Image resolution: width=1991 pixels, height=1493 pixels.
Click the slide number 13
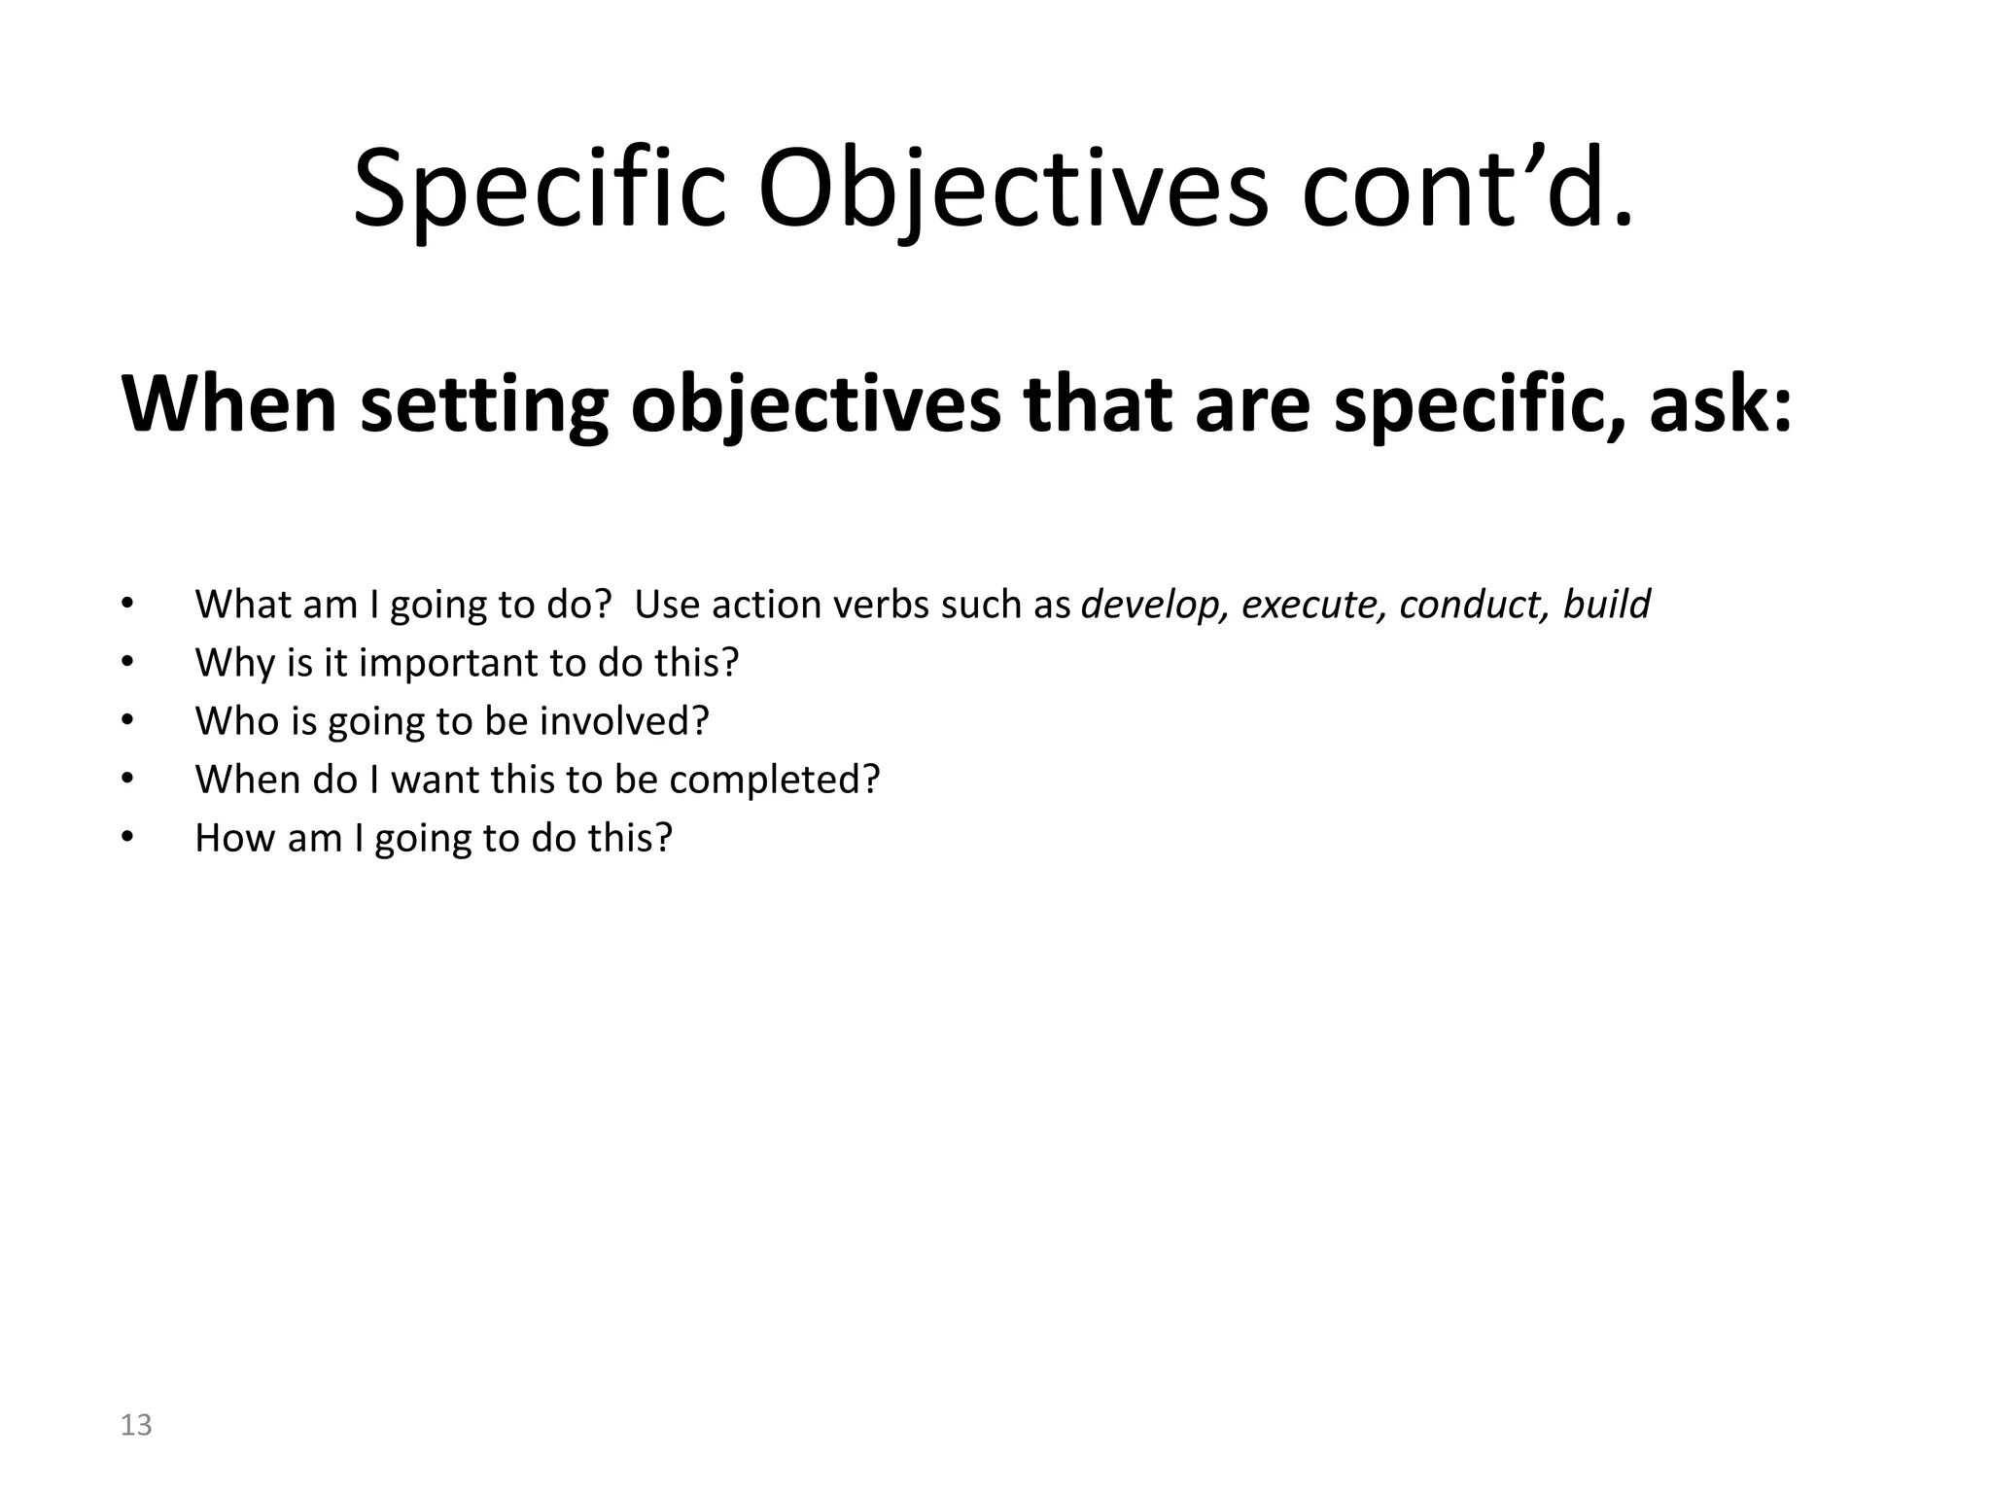136,1425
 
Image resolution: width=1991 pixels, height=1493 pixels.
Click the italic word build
1606,605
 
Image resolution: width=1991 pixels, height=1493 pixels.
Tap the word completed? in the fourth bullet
774,780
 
